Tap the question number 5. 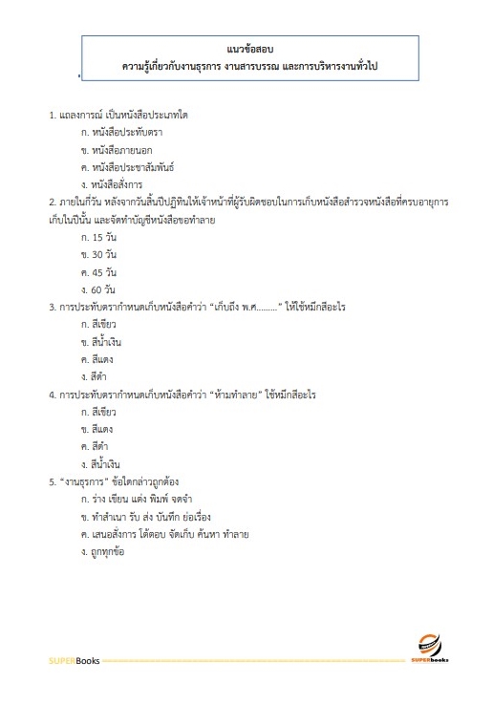(x=53, y=481)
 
